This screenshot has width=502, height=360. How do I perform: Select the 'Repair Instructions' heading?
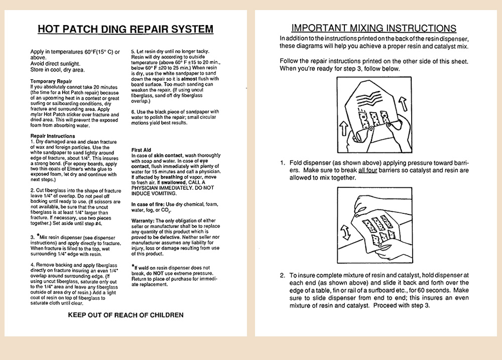pyautogui.click(x=53, y=136)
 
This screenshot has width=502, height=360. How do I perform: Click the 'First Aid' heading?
pyautogui.click(x=141, y=150)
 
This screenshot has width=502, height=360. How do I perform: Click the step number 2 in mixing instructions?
pyautogui.click(x=283, y=275)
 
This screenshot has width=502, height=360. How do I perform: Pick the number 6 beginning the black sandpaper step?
pyautogui.click(x=133, y=111)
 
